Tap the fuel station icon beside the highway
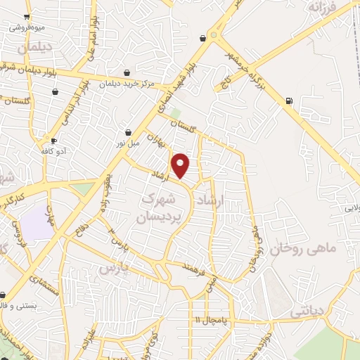(x=289, y=101)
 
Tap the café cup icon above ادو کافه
(x=53, y=140)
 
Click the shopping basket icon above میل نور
(x=128, y=131)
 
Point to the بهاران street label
(x=164, y=146)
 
